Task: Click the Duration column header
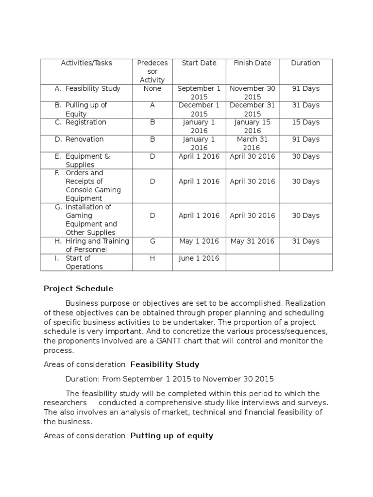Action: [305, 63]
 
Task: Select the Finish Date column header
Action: [252, 63]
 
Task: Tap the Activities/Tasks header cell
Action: [86, 63]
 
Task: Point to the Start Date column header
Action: [199, 63]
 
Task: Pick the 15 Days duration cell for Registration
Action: [305, 122]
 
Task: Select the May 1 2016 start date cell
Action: [199, 241]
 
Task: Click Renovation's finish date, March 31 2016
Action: [252, 143]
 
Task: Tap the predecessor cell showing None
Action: [152, 89]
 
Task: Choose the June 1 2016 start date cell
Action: [199, 258]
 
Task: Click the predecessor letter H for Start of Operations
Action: [152, 258]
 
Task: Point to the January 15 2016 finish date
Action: [252, 126]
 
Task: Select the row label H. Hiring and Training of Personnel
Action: [92, 245]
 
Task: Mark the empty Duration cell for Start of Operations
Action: [305, 262]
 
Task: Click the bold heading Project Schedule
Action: [78, 289]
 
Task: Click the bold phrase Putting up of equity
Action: [172, 436]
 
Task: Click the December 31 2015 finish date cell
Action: [252, 109]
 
